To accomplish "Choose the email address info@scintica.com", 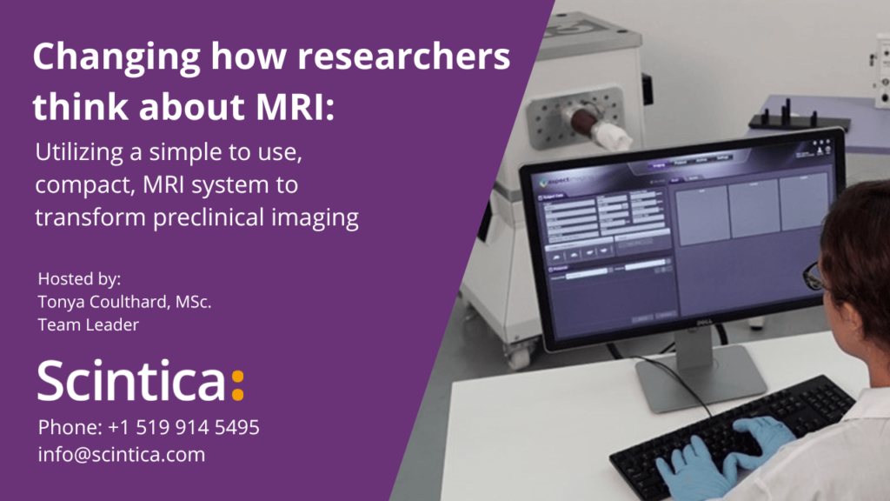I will [122, 454].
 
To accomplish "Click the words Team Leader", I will [89, 324].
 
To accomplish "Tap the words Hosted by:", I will [80, 279].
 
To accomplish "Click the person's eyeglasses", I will [815, 277].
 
